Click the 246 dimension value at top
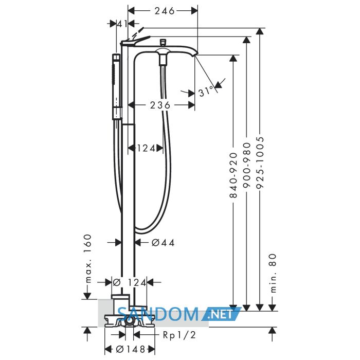[165, 11]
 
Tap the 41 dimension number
[122, 24]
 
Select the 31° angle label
[206, 92]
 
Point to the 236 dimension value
[160, 105]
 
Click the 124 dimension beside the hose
[146, 148]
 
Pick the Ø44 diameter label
[163, 242]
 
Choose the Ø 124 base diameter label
[129, 283]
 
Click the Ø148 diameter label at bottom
[131, 349]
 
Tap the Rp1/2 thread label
[179, 335]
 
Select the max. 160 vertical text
[87, 258]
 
